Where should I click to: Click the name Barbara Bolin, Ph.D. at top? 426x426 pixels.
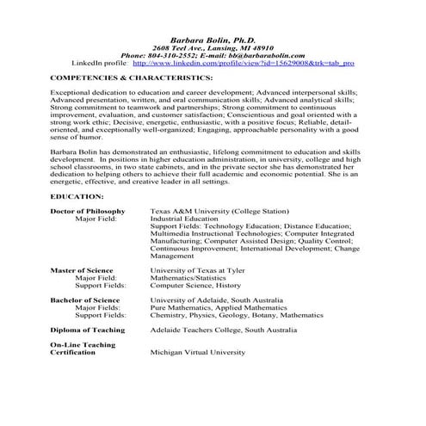(x=213, y=42)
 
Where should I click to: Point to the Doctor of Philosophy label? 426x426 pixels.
(x=87, y=211)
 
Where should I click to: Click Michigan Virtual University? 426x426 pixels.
(x=197, y=352)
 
